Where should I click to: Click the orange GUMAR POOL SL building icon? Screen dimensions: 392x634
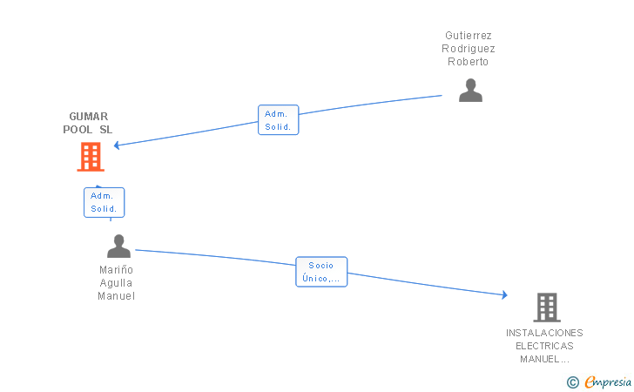(x=91, y=157)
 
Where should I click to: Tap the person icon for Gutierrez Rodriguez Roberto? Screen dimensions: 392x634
(x=470, y=90)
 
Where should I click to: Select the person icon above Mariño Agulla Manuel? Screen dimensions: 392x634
(x=118, y=247)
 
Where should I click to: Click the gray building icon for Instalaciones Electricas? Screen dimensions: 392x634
(x=546, y=307)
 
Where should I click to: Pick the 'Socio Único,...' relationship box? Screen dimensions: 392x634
(x=321, y=272)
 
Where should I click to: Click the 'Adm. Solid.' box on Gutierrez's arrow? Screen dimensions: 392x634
(x=279, y=120)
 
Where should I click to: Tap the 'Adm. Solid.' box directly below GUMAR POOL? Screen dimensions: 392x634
(x=104, y=202)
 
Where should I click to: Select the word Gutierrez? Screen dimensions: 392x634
(x=469, y=36)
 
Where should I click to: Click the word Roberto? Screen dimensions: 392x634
(x=469, y=62)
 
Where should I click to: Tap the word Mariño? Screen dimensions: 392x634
(x=117, y=270)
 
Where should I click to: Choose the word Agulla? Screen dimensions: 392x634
(x=117, y=283)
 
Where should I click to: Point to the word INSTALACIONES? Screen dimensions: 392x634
(x=544, y=333)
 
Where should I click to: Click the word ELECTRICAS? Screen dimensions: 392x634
(x=544, y=346)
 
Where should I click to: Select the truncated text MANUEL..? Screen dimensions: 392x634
(x=544, y=359)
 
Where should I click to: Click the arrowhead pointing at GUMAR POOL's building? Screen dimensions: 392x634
(x=117, y=145)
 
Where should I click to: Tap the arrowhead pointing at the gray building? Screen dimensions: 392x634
(x=504, y=295)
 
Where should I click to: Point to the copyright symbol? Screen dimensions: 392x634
(x=572, y=382)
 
